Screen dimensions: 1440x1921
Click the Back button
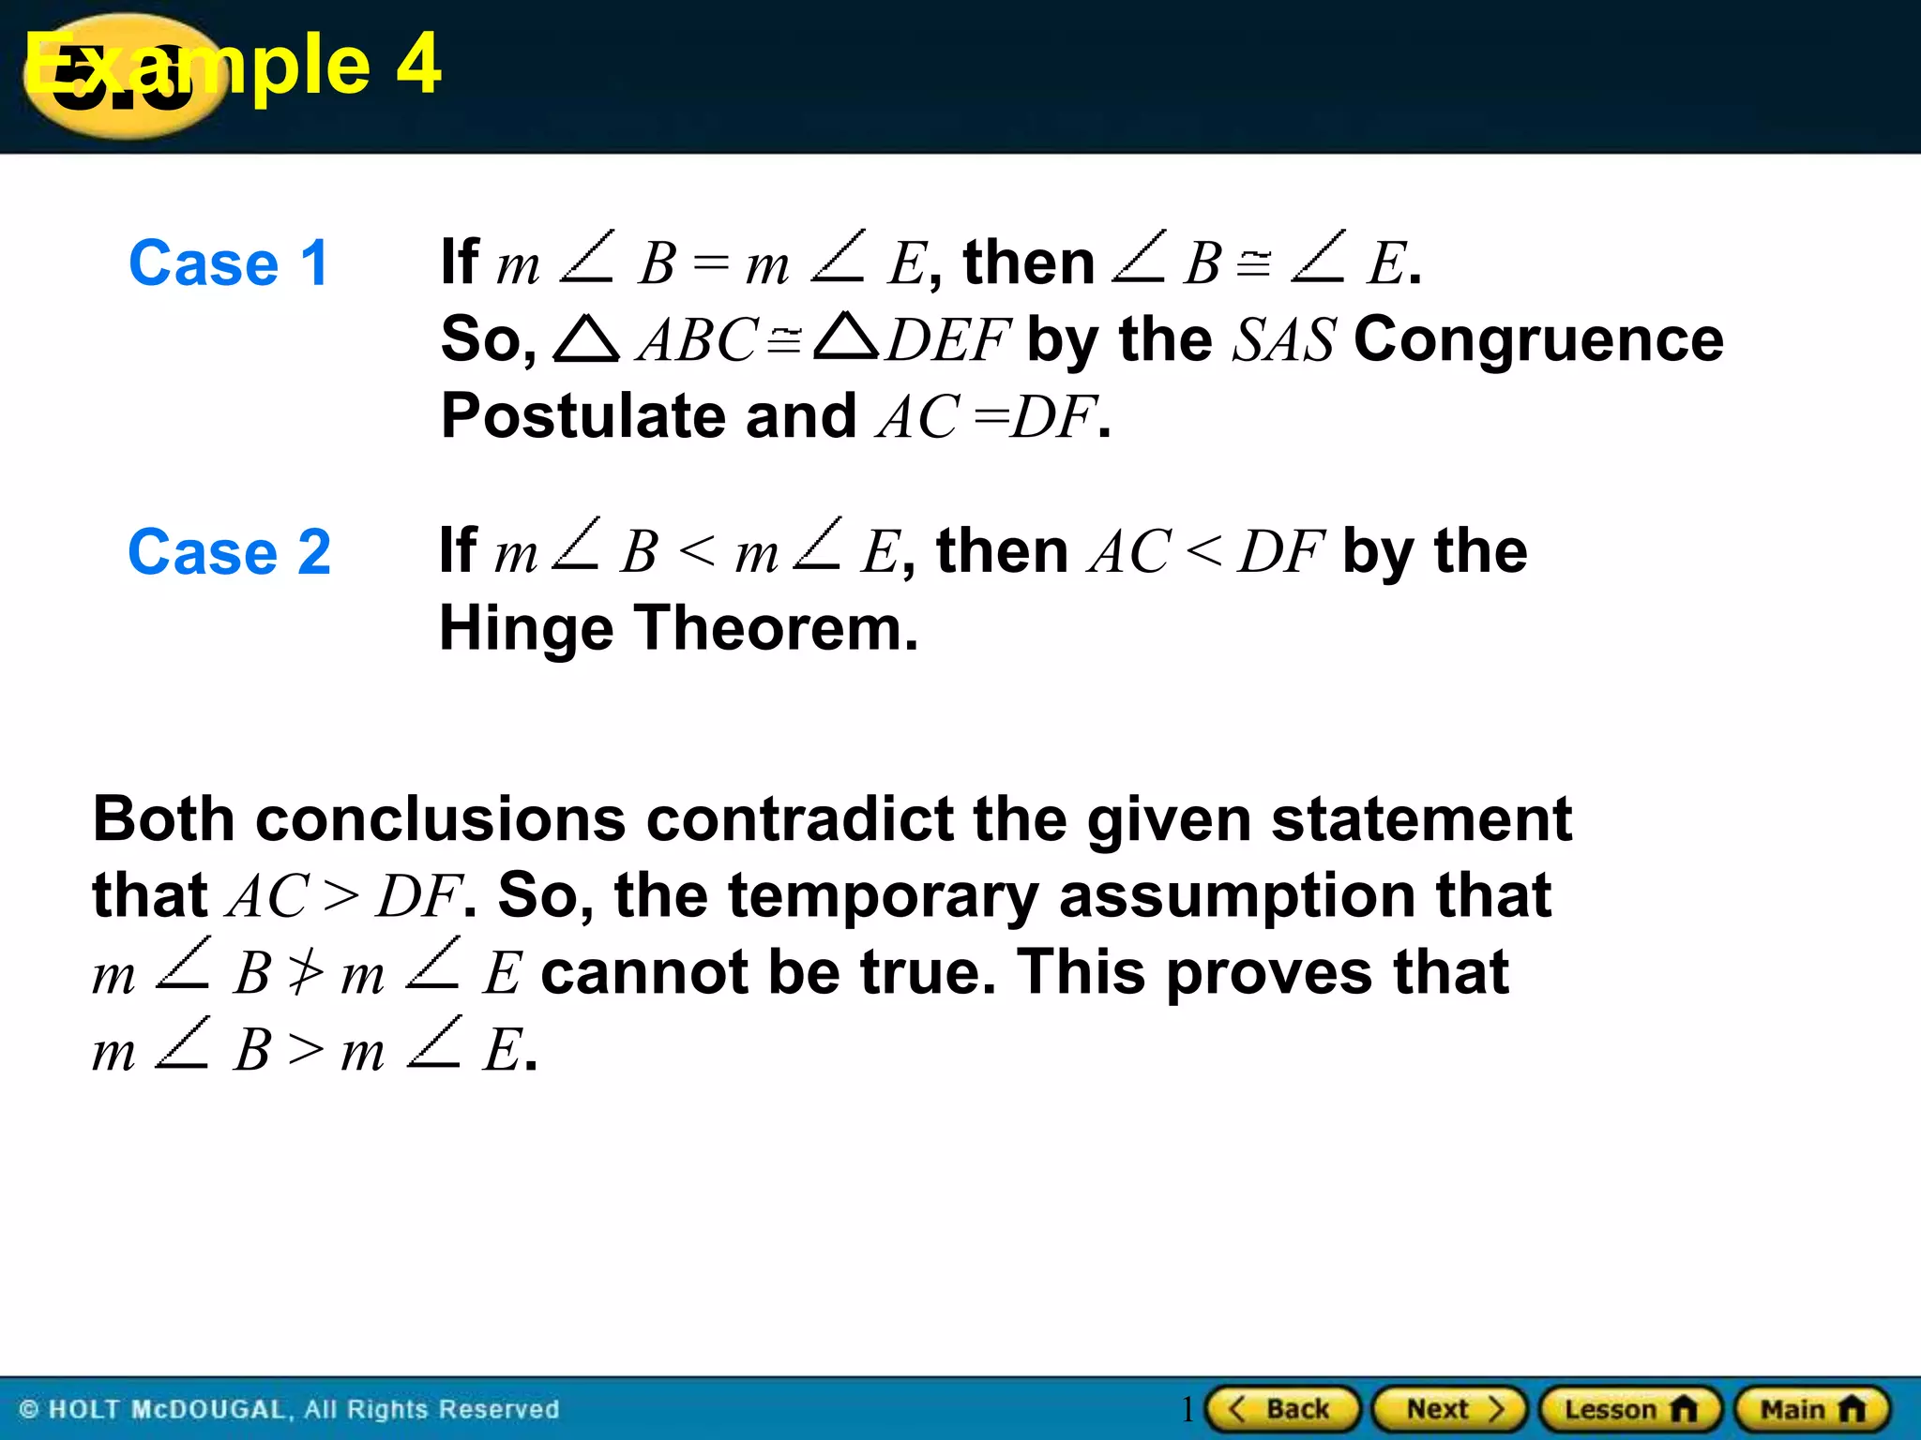[1282, 1409]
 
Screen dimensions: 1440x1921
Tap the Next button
[1450, 1409]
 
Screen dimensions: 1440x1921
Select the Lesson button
[1630, 1409]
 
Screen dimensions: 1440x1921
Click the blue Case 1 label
[229, 263]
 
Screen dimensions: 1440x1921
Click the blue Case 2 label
[229, 552]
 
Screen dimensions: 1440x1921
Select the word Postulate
[582, 416]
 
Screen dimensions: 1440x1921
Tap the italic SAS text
[1283, 339]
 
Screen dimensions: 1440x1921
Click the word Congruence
[1538, 339]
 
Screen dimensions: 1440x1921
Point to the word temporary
[883, 895]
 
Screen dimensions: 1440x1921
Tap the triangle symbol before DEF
[845, 337]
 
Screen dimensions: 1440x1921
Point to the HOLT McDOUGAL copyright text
[289, 1409]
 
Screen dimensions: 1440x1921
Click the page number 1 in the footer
[1187, 1409]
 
